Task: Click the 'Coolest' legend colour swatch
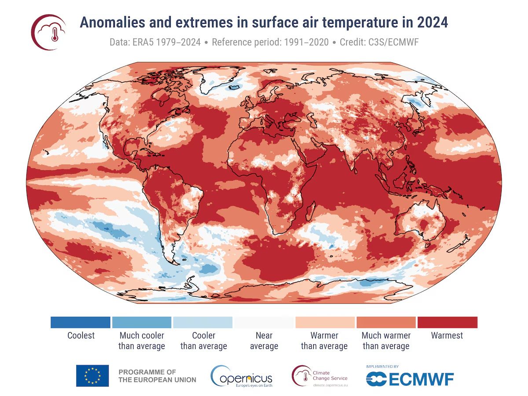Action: click(x=81, y=322)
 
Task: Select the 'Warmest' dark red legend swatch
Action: click(x=447, y=322)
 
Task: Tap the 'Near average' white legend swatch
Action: click(x=264, y=322)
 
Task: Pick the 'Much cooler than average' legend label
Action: click(x=142, y=341)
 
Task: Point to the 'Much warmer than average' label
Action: click(x=386, y=341)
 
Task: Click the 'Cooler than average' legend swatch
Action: click(x=203, y=322)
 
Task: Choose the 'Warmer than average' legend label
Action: click(x=324, y=341)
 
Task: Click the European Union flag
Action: click(x=92, y=375)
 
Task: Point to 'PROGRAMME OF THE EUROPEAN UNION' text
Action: click(x=157, y=376)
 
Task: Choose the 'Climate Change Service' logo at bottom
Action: click(x=320, y=375)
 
